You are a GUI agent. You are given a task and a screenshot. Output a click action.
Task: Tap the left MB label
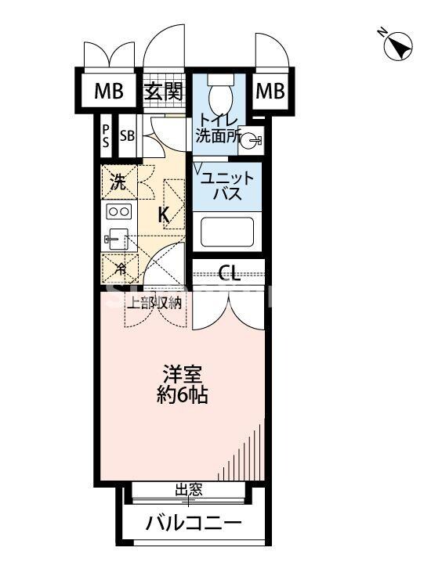click(109, 92)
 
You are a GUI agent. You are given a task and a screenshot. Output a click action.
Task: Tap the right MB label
click(269, 92)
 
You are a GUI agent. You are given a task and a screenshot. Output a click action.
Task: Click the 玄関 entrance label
click(164, 92)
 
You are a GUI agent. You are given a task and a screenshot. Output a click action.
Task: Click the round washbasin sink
click(250, 141)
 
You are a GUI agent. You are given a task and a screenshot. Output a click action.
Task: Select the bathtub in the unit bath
click(226, 233)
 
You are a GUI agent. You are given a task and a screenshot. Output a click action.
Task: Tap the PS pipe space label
click(105, 135)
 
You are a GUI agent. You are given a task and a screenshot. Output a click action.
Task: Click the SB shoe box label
click(127, 135)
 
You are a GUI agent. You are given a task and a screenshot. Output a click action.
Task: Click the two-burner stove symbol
click(118, 212)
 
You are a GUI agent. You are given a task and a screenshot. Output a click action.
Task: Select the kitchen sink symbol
click(116, 239)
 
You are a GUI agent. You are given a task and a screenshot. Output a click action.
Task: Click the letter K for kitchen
click(165, 214)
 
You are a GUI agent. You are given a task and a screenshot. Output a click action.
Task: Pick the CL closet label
click(229, 273)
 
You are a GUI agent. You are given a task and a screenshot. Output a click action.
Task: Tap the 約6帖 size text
click(185, 395)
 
